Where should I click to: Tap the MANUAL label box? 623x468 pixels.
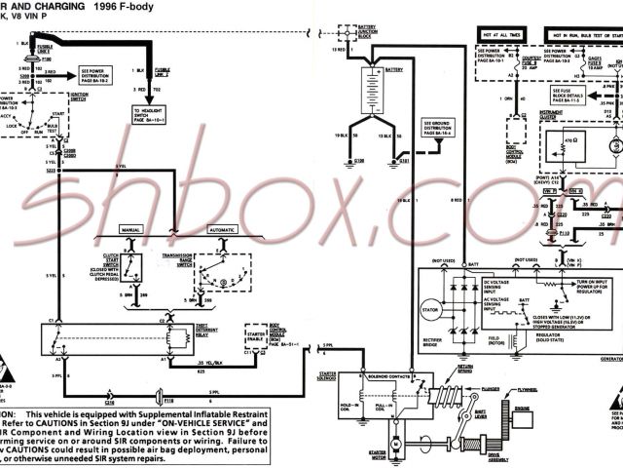tap(131, 230)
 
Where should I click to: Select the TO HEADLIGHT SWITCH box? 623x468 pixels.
tap(150, 115)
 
